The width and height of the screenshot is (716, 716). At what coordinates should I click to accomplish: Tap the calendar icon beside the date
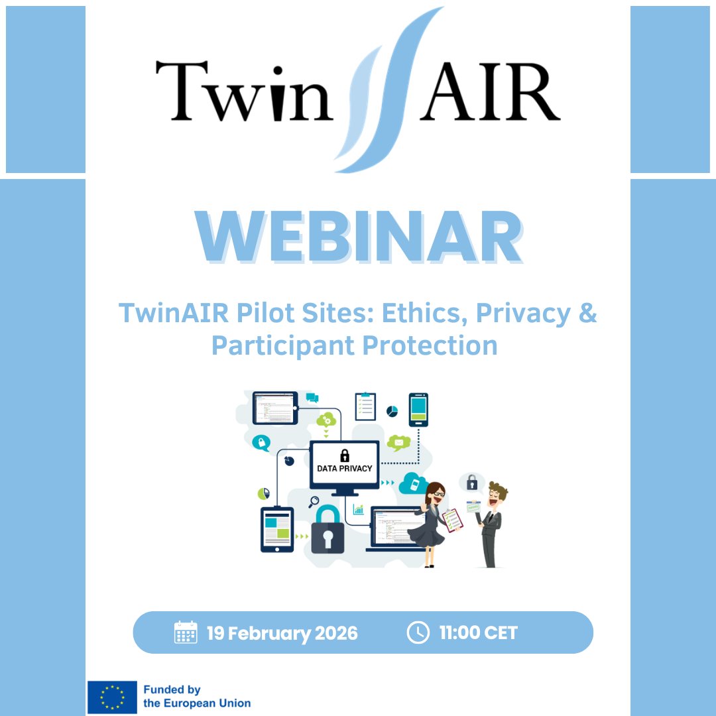(186, 632)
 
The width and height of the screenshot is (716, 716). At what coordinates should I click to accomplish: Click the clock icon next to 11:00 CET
(418, 632)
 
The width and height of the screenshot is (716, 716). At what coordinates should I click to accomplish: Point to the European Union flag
(112, 697)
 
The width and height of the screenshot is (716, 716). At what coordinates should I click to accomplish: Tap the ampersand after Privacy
(587, 313)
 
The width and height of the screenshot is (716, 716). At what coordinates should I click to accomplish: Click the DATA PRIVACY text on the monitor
(345, 468)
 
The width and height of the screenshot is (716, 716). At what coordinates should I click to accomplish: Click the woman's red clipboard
(452, 519)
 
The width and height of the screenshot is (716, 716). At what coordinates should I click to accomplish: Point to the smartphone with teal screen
(418, 410)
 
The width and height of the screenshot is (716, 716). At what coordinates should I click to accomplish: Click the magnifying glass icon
(314, 502)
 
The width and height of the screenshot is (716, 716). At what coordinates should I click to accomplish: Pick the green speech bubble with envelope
(398, 443)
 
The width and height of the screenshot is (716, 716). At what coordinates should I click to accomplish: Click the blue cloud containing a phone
(413, 483)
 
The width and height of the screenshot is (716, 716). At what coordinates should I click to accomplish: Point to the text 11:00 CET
(478, 633)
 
